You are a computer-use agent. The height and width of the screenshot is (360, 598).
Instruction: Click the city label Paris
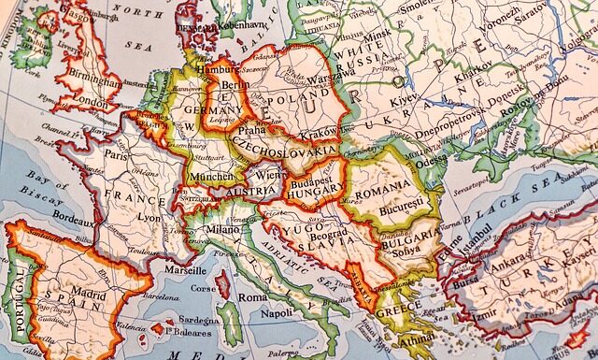pyautogui.click(x=117, y=155)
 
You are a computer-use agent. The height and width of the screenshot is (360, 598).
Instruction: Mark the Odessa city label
pyautogui.click(x=433, y=160)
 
